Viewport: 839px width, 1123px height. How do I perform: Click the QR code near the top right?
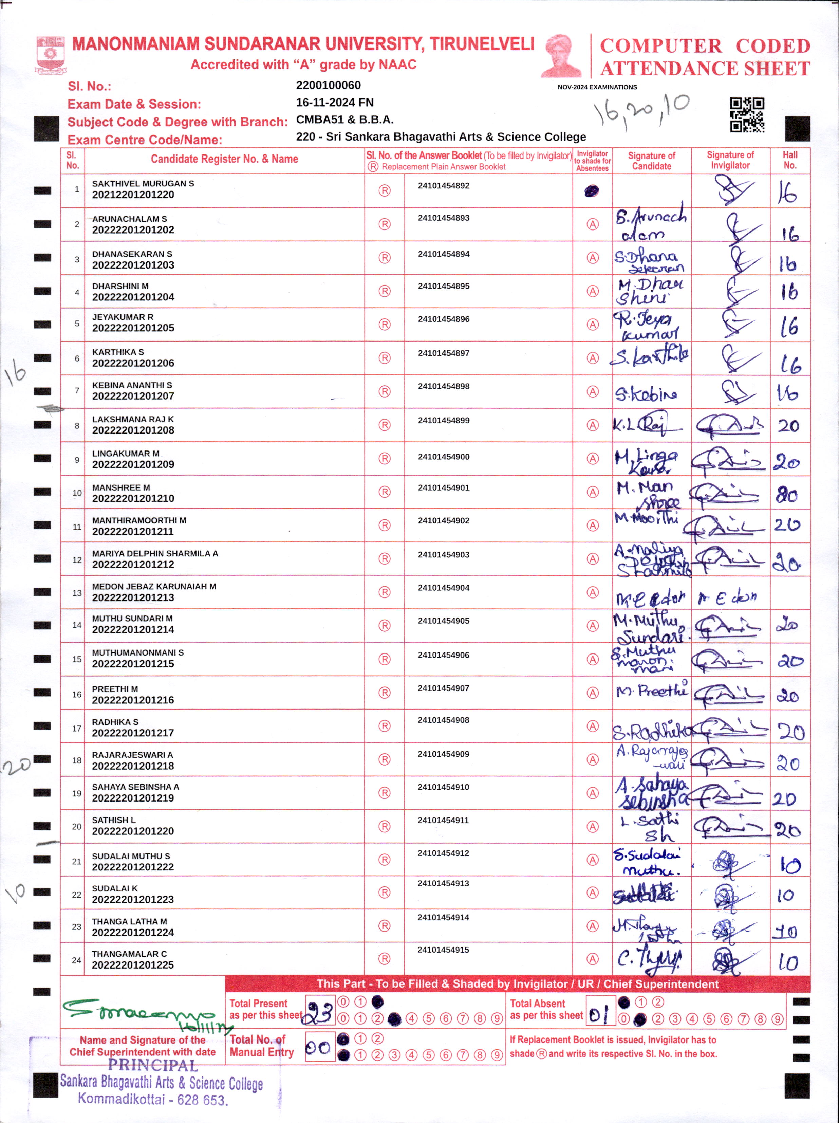pyautogui.click(x=747, y=115)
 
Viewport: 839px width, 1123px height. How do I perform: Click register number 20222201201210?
pyautogui.click(x=133, y=498)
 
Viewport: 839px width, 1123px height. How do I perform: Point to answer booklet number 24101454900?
pyautogui.click(x=444, y=456)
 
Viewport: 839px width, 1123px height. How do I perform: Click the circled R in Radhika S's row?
pyautogui.click(x=385, y=726)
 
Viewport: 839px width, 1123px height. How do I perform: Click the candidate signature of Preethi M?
pyautogui.click(x=652, y=691)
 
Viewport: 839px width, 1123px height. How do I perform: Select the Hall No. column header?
pyautogui.click(x=790, y=160)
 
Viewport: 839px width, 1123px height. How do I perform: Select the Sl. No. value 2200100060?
pyautogui.click(x=329, y=85)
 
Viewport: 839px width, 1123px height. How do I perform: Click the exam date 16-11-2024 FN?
pyautogui.click(x=335, y=103)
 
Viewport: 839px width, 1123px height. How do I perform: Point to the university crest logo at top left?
pyautogui.click(x=50, y=55)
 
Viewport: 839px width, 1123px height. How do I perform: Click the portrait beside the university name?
pyautogui.click(x=561, y=56)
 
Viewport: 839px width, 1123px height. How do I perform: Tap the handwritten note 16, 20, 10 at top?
pyautogui.click(x=642, y=110)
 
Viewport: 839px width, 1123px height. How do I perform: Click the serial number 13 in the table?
pyautogui.click(x=77, y=592)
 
